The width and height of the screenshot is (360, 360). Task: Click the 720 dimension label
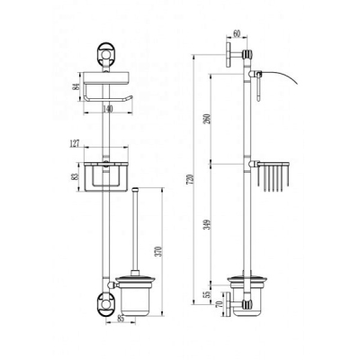(x=193, y=179)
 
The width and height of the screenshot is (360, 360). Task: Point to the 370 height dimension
(x=160, y=251)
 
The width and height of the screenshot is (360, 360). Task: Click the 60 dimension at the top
(x=237, y=34)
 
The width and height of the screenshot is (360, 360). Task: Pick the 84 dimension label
(x=77, y=86)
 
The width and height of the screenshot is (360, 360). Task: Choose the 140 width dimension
(x=107, y=109)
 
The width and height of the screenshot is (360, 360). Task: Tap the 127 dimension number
(x=75, y=143)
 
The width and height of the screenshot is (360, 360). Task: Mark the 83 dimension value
(x=76, y=176)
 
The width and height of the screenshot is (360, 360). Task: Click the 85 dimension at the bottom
(x=121, y=319)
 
